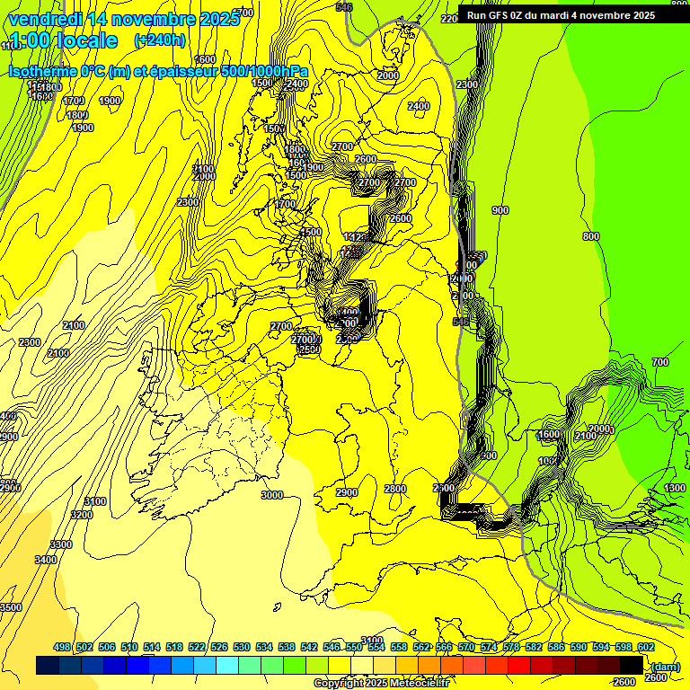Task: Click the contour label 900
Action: click(x=500, y=210)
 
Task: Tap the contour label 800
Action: click(x=590, y=236)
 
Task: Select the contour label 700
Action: click(x=660, y=362)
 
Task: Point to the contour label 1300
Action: click(x=675, y=488)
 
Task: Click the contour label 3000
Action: click(x=271, y=495)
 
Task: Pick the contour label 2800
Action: click(x=395, y=489)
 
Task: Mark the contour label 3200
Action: click(x=82, y=515)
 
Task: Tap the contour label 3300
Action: click(x=61, y=544)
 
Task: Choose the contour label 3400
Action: click(x=46, y=560)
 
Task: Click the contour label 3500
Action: click(x=11, y=607)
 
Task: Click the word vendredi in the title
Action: click(x=46, y=18)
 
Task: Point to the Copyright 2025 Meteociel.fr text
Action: click(x=381, y=683)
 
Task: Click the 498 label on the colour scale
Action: click(x=62, y=647)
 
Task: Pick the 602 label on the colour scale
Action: click(x=645, y=647)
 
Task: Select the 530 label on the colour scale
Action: click(x=242, y=647)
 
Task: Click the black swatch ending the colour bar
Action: click(x=632, y=665)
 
